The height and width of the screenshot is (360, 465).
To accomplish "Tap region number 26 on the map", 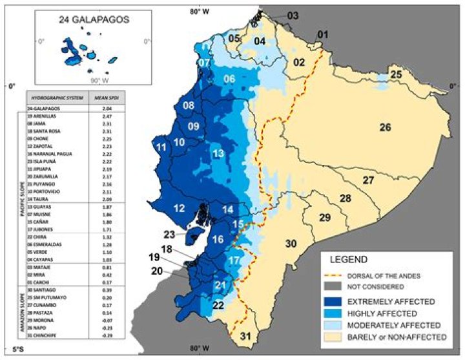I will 385,127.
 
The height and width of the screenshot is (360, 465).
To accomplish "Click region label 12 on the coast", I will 180,208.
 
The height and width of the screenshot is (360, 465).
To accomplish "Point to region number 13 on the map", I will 218,153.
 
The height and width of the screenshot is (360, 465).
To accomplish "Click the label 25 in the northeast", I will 396,75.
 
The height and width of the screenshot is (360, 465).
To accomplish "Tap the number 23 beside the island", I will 169,235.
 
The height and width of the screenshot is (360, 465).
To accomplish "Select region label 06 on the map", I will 229,79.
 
